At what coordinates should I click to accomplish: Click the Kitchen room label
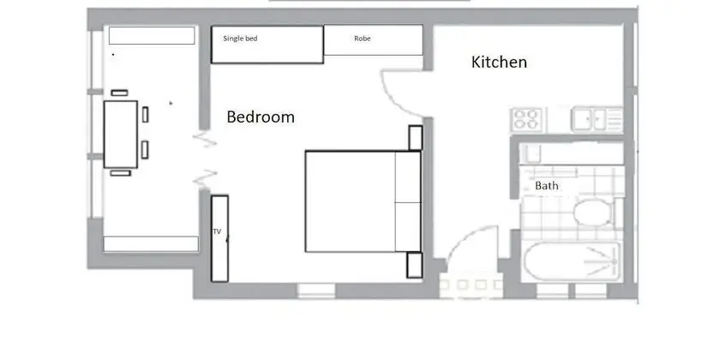click(x=499, y=62)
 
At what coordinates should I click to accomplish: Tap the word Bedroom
click(x=261, y=117)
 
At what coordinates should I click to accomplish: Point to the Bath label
click(x=547, y=185)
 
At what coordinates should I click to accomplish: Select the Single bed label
click(x=240, y=39)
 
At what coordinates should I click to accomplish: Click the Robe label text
click(x=363, y=39)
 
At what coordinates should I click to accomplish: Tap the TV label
click(x=217, y=231)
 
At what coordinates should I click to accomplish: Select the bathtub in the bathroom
click(x=573, y=261)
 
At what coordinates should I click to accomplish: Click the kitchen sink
click(x=597, y=119)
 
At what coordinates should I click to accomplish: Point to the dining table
click(x=121, y=135)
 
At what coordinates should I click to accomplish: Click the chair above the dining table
click(x=119, y=93)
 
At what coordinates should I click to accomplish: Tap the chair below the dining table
click(x=120, y=173)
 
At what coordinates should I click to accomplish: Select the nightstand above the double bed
click(x=415, y=138)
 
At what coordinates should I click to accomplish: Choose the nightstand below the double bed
click(x=414, y=265)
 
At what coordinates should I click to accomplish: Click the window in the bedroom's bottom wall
click(x=316, y=291)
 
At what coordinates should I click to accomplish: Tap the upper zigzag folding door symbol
click(x=205, y=140)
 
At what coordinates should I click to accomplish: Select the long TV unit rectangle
click(x=219, y=238)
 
